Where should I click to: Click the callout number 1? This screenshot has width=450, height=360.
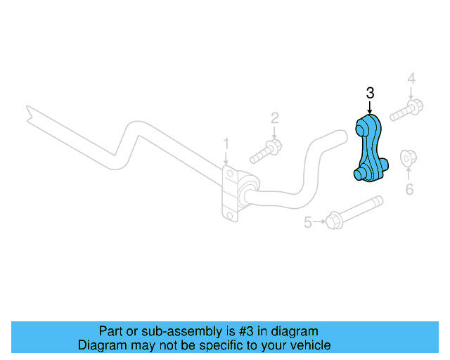pos(226,143)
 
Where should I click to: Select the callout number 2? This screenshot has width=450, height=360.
pos(275,117)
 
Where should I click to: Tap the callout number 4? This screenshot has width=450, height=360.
pos(411,78)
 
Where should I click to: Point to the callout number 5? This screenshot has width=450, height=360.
pos(307,223)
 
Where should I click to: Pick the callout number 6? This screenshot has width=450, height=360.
pos(409,188)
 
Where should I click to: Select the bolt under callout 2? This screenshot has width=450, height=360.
pos(266,150)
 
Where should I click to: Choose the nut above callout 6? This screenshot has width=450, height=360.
pos(407,159)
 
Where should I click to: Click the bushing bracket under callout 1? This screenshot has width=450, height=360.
pos(231,193)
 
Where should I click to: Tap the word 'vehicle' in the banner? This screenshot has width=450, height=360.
pos(309,345)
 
